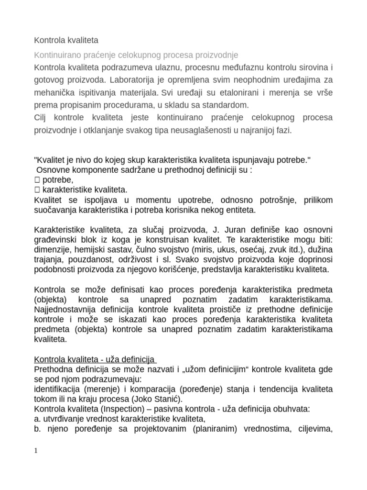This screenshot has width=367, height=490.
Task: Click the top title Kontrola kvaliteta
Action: [66, 40]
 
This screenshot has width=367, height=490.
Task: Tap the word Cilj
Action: [42, 118]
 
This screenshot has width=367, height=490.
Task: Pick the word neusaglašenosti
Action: [205, 130]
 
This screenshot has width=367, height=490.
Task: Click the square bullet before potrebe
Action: [38, 180]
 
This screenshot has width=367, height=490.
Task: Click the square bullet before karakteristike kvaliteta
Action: [38, 189]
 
